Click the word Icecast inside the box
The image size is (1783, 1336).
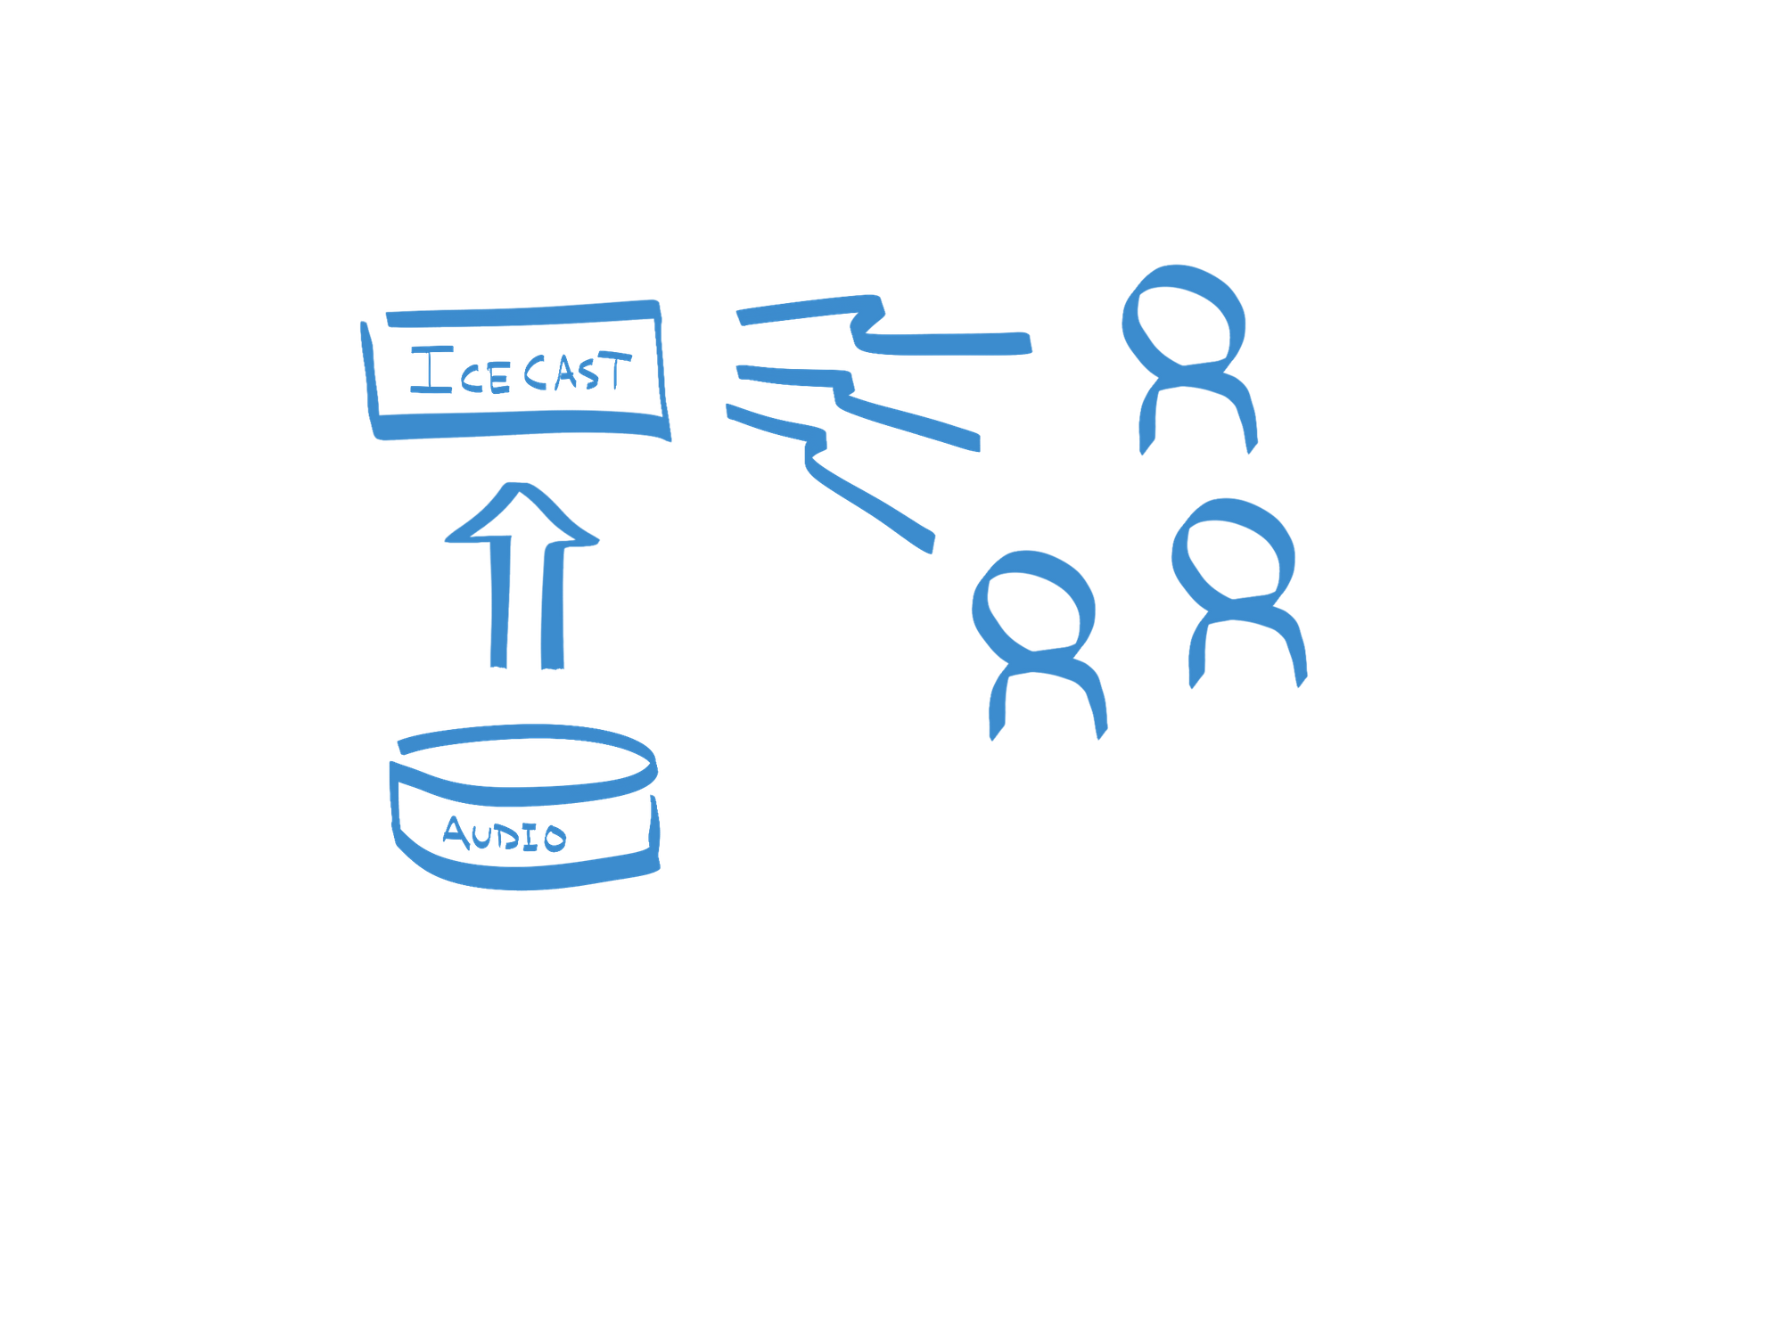pyautogui.click(x=521, y=371)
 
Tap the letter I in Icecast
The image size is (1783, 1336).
pyautogui.click(x=431, y=370)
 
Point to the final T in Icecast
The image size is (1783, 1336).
pyautogui.click(x=615, y=370)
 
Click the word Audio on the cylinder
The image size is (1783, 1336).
pyautogui.click(x=505, y=834)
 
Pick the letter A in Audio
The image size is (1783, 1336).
pyautogui.click(x=456, y=832)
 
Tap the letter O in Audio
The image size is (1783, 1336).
pyautogui.click(x=555, y=838)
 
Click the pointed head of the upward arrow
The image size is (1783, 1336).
pyautogui.click(x=522, y=512)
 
